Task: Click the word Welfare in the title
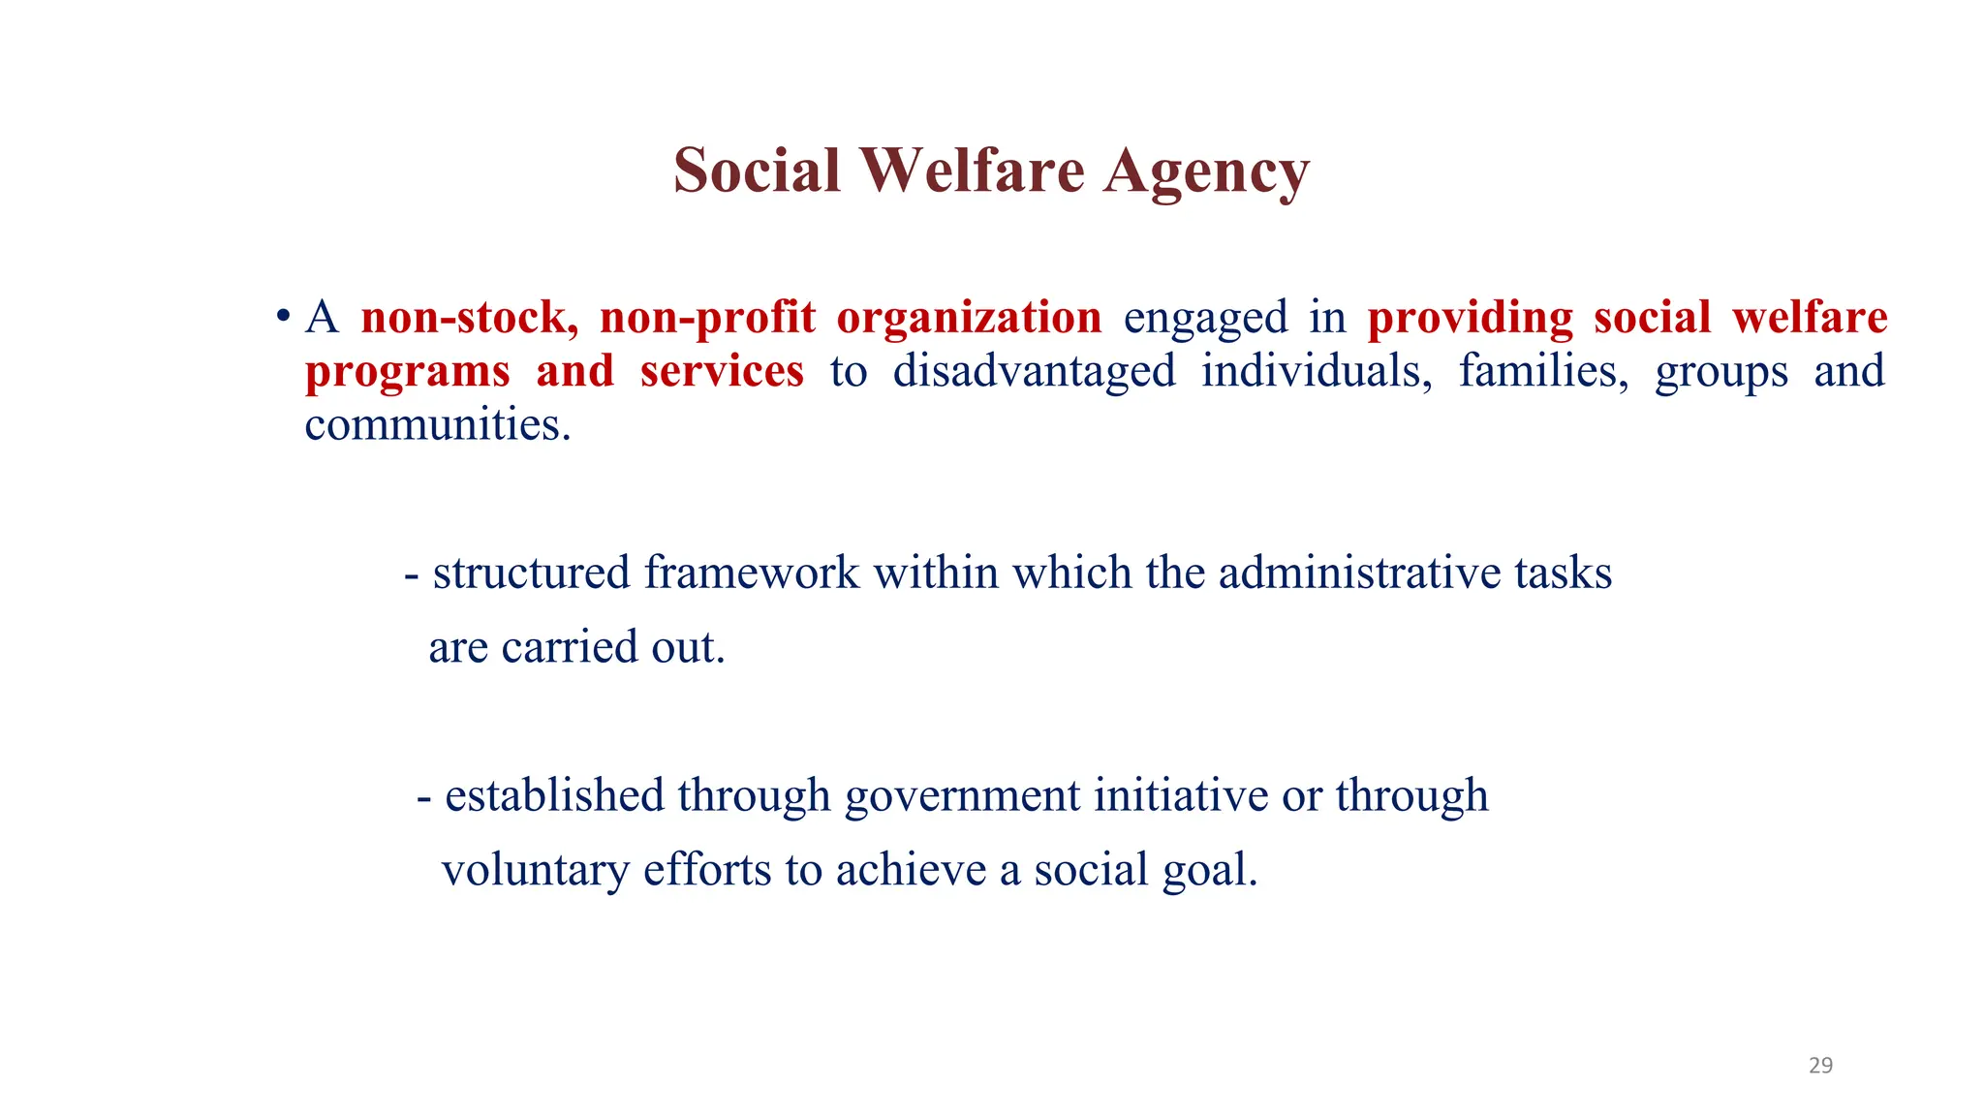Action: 974,170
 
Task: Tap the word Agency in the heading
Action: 1206,170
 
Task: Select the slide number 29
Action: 1820,1066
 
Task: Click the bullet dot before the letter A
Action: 283,317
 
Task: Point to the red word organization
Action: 969,318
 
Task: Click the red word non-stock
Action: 469,318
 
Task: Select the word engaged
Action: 1205,318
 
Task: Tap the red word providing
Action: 1471,318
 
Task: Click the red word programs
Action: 407,372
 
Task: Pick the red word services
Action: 722,371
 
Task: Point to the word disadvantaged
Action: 1034,371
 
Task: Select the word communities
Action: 436,424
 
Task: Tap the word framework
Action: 752,573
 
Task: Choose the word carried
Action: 569,647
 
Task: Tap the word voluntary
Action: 536,870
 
